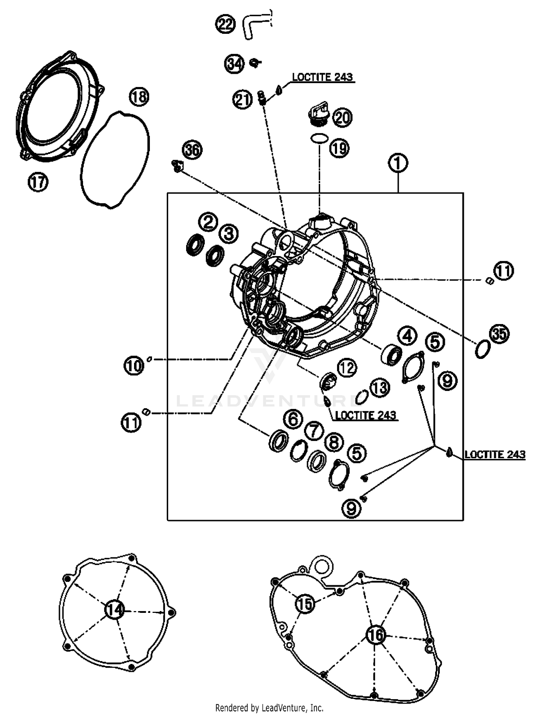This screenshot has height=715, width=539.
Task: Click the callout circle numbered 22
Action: pos(225,24)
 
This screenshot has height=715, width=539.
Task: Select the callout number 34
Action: pos(234,64)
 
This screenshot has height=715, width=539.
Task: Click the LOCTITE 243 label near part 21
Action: pos(322,77)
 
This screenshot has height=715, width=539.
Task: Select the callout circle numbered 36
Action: pos(192,150)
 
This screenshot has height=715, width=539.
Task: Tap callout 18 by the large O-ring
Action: pos(139,97)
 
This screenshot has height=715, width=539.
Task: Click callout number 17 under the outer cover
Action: pos(38,182)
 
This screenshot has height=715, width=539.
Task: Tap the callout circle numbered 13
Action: pos(379,388)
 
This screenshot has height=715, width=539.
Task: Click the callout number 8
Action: pos(334,442)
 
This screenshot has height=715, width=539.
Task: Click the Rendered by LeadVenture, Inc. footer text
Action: pos(269,708)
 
